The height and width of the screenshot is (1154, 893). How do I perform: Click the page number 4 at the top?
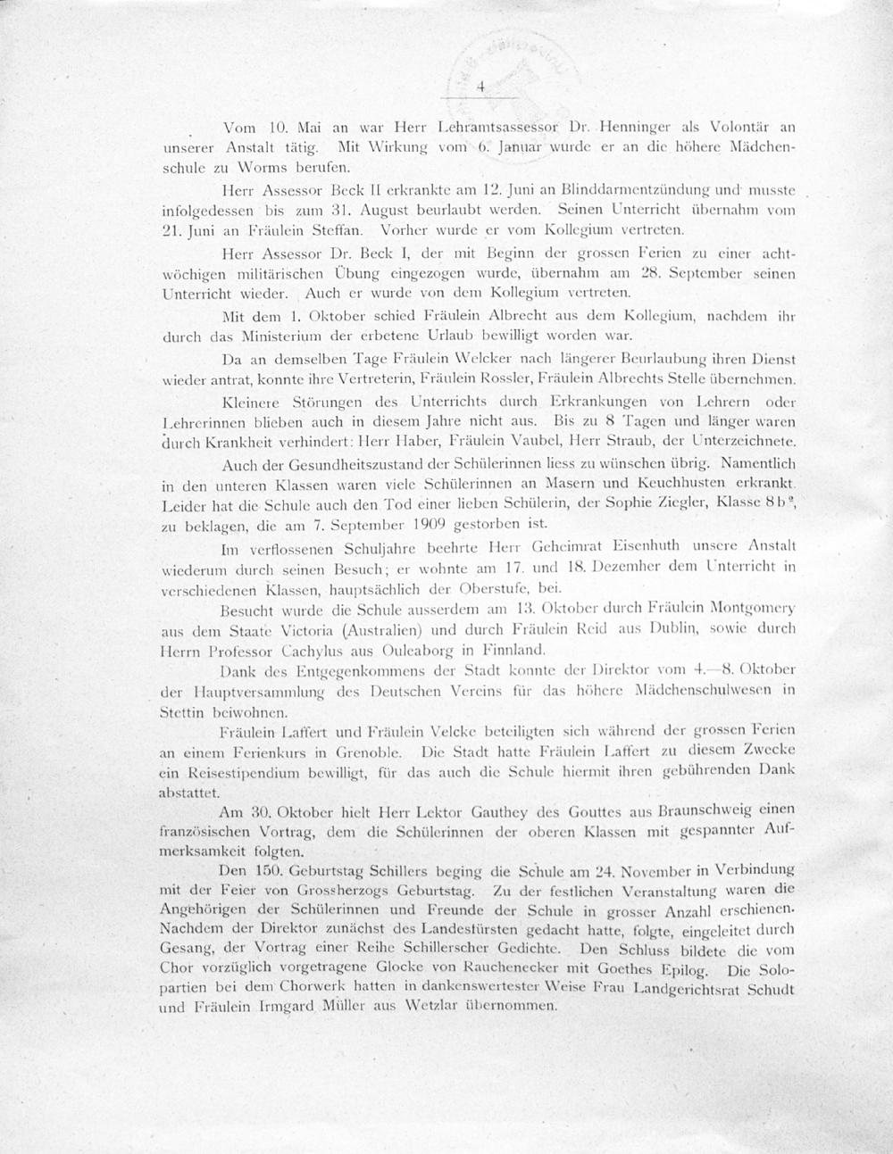(x=480, y=87)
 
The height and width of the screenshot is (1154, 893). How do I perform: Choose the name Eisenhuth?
(x=642, y=545)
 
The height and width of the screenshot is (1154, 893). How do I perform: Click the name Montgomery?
(x=749, y=609)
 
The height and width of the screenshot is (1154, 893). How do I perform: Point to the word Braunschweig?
(x=708, y=813)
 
